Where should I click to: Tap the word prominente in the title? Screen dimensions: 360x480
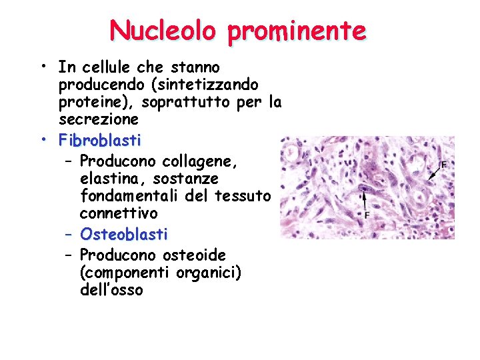[x=297, y=31]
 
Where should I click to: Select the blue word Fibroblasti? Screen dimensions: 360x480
[x=100, y=141]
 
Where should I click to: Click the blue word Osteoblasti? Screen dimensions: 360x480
[x=124, y=235]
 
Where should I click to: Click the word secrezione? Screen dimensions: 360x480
[x=99, y=120]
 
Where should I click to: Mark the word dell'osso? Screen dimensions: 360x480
[x=111, y=291]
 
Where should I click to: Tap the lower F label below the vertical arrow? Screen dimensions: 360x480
[x=367, y=215]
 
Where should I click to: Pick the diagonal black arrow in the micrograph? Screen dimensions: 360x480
[x=434, y=173]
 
